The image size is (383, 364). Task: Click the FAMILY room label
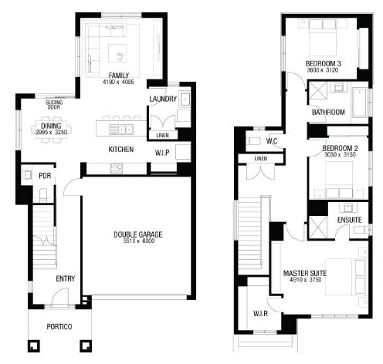119,76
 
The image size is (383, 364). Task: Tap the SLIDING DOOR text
54,105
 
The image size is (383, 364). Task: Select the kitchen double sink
121,130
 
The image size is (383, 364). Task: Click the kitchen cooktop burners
116,169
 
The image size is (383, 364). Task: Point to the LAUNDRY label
163,99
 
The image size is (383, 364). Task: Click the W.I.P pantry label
162,153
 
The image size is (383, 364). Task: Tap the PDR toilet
43,195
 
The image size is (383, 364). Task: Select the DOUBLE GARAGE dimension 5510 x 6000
139,241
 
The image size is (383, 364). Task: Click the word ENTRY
66,278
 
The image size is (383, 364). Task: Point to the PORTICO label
59,327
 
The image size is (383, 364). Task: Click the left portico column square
34,346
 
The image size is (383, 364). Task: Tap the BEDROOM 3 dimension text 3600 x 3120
323,70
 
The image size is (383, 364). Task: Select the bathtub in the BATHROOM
360,103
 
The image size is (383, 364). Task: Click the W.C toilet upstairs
255,141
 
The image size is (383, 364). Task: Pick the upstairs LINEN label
261,159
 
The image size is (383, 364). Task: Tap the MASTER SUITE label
305,273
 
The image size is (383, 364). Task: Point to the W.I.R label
260,314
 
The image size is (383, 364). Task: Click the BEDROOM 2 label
340,148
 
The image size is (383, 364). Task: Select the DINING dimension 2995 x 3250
52,133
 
